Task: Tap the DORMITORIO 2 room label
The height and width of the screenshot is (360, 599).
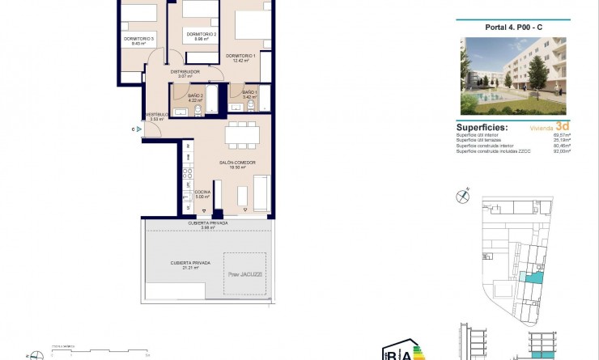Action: click(x=202, y=34)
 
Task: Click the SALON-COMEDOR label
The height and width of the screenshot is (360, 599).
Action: click(x=236, y=163)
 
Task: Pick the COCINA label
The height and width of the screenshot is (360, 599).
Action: click(x=202, y=192)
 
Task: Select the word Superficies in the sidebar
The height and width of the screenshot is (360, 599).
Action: click(x=482, y=128)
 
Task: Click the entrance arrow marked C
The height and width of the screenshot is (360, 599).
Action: click(x=139, y=128)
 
